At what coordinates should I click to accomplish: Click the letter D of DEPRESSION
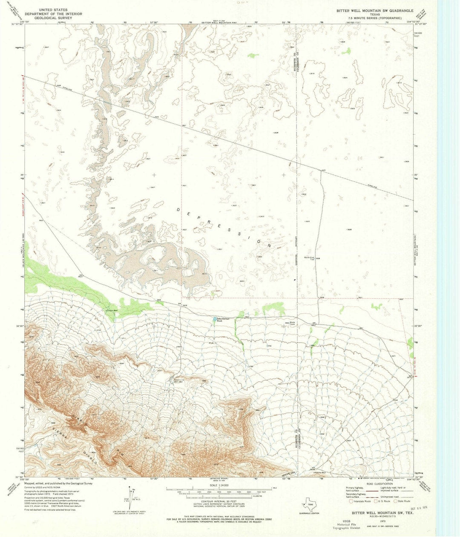pos(178,209)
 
